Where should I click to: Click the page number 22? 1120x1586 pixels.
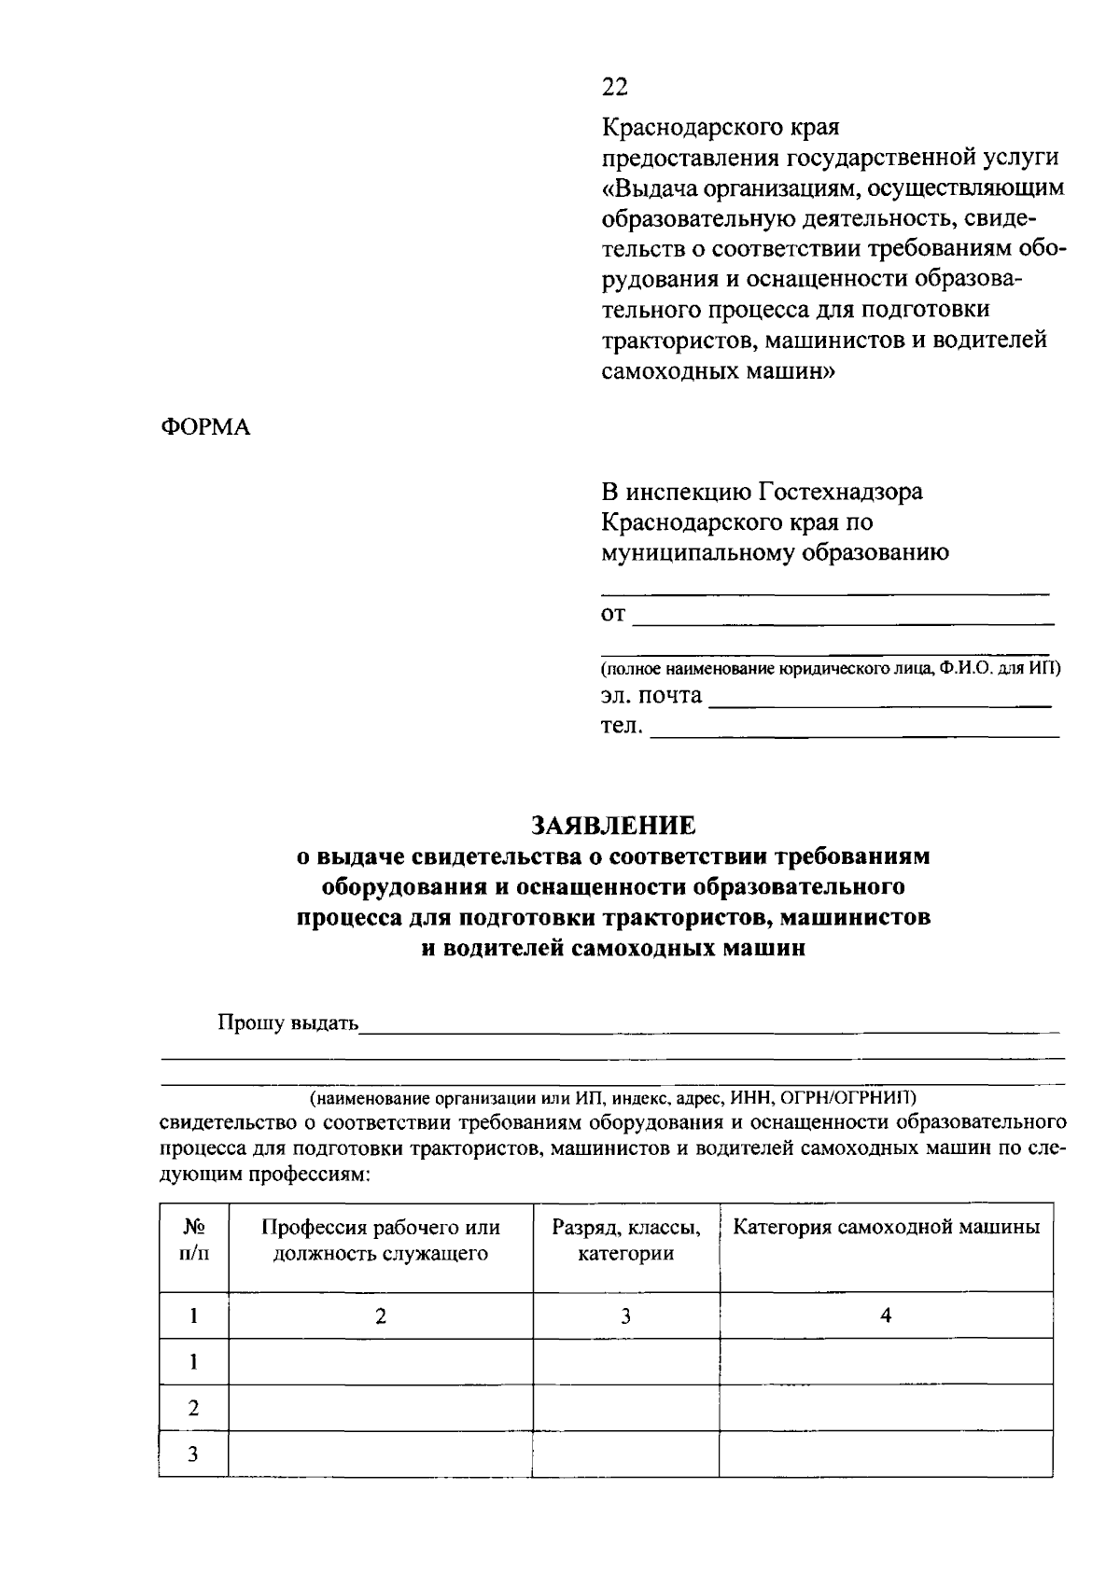(614, 87)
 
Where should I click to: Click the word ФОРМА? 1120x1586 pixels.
(206, 427)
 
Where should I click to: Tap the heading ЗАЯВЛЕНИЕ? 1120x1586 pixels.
(613, 825)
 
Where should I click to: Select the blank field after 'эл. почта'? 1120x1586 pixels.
(879, 700)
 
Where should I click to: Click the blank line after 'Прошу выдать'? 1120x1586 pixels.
(709, 1026)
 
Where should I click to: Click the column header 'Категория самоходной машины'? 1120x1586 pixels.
(886, 1228)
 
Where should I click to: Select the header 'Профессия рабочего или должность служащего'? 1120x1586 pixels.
(380, 1240)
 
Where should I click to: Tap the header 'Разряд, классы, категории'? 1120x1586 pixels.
(625, 1240)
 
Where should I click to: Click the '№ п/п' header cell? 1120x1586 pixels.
(193, 1240)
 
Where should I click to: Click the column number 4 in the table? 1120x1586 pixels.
(886, 1315)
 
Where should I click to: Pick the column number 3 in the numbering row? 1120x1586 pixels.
(625, 1315)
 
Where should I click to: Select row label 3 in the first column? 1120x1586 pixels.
(193, 1454)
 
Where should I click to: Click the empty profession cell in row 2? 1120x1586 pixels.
(380, 1408)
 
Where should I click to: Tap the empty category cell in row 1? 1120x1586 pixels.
(886, 1361)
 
